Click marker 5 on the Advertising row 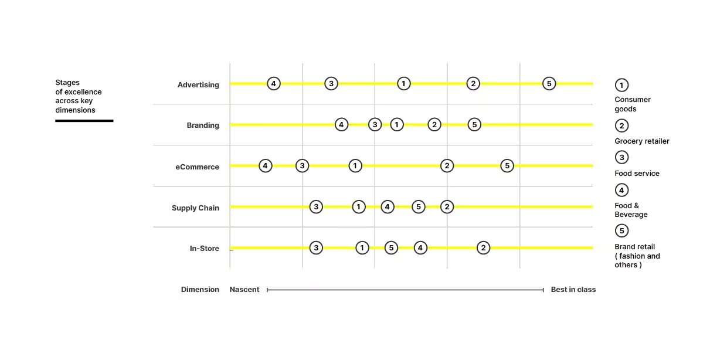[x=549, y=83]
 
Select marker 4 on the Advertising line [x=273, y=83]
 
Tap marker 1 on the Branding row [x=396, y=125]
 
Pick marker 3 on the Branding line [x=375, y=125]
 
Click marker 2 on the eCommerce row [x=447, y=166]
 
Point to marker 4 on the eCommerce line [x=265, y=166]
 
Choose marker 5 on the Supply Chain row [x=419, y=207]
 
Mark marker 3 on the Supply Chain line [x=316, y=207]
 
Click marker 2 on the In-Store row [x=483, y=248]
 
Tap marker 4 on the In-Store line [x=420, y=248]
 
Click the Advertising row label [x=198, y=85]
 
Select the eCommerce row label [x=198, y=167]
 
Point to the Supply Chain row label [x=195, y=208]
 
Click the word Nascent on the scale [x=244, y=289]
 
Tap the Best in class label [x=573, y=289]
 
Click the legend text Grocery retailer [x=641, y=141]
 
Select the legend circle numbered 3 [x=621, y=158]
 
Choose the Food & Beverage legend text [x=631, y=210]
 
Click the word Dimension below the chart [x=200, y=289]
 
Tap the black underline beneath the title [x=84, y=121]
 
